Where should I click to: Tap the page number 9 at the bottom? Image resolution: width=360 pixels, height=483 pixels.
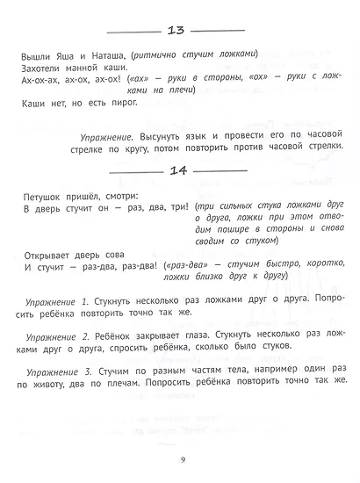180,455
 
